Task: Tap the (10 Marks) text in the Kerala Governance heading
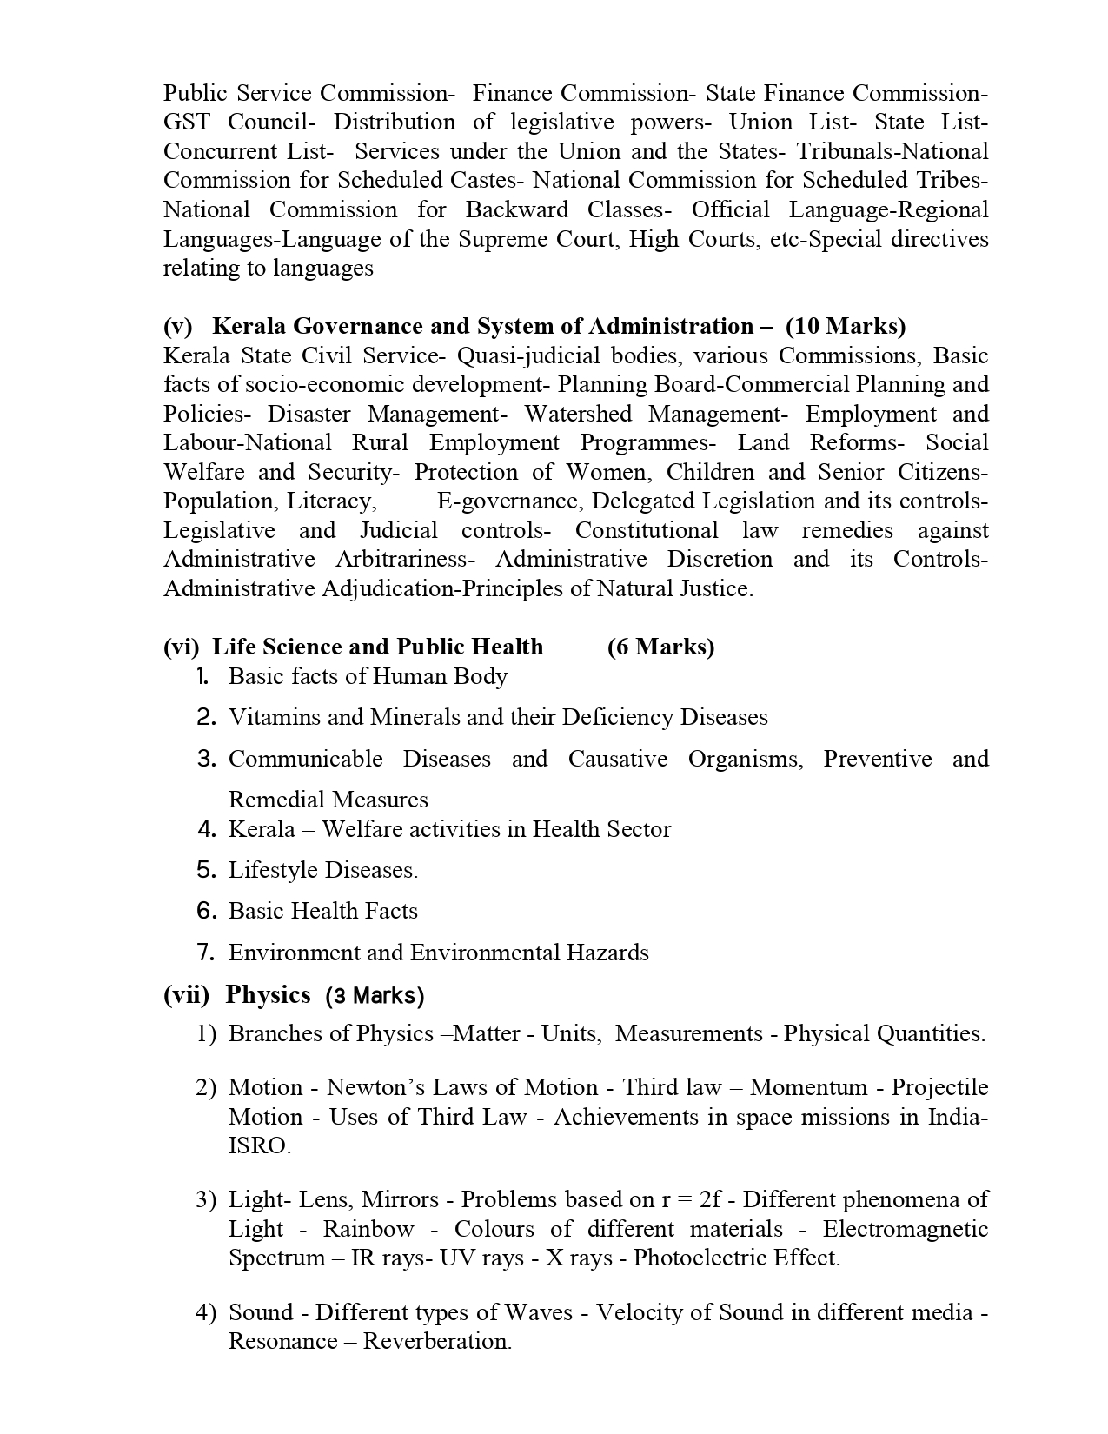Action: pos(845,326)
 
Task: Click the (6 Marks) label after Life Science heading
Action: pos(660,647)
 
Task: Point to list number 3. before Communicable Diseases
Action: pos(206,759)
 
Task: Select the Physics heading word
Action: pos(268,995)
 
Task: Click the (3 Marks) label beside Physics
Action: pos(375,996)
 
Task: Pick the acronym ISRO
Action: pos(258,1146)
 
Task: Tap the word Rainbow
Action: pos(368,1230)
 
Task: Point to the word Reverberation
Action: pos(436,1342)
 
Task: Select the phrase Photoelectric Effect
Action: pos(735,1258)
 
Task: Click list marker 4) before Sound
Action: pos(205,1312)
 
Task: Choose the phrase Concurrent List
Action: pos(247,152)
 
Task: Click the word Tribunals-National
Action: pos(892,152)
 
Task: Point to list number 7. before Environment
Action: pos(206,953)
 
